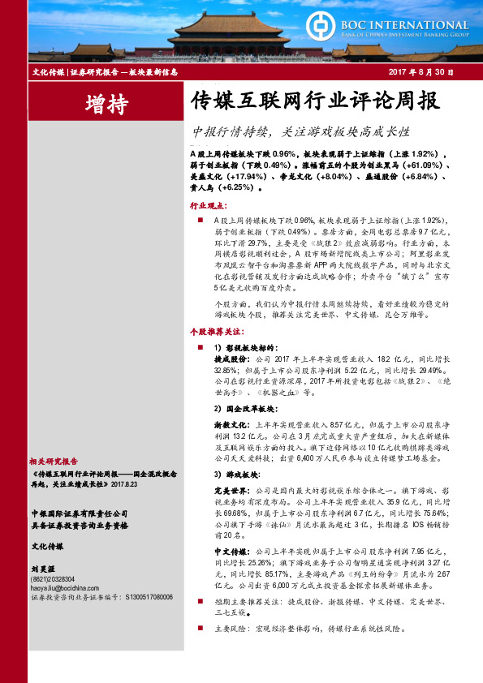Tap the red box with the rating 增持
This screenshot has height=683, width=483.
(x=106, y=103)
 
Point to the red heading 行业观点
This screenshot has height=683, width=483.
(x=209, y=207)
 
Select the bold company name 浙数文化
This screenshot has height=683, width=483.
(x=231, y=423)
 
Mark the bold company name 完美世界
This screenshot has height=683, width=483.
(x=231, y=490)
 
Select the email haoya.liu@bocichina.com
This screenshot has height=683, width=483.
(x=66, y=588)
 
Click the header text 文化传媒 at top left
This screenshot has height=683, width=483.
(x=48, y=72)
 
